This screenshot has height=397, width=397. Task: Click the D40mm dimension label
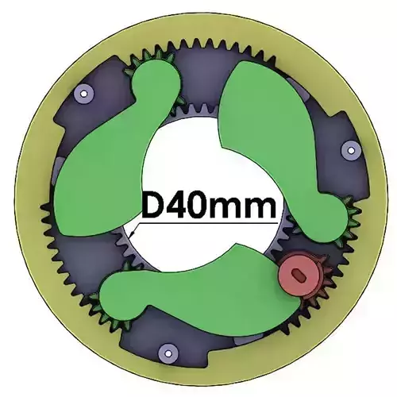(x=209, y=207)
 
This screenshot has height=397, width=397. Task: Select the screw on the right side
(x=347, y=148)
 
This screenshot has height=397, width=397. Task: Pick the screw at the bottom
(x=165, y=350)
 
